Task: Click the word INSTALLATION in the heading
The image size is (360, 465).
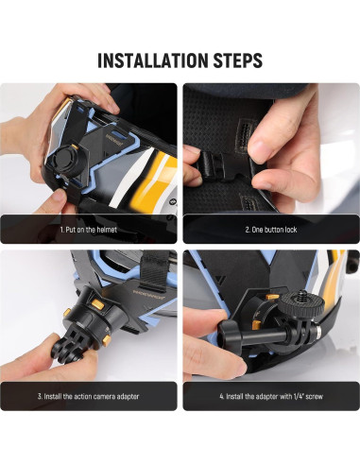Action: [152, 60]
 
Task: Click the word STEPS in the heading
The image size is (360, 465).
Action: [238, 60]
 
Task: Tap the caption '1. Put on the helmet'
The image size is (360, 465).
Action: [89, 230]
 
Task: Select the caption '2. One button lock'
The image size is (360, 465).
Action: [271, 230]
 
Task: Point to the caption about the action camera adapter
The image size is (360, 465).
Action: [89, 396]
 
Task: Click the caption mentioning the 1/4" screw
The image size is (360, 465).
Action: [271, 396]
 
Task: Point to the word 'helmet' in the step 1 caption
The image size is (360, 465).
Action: [107, 230]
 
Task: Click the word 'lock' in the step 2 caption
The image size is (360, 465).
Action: [291, 230]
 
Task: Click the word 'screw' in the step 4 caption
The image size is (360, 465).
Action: [315, 396]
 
